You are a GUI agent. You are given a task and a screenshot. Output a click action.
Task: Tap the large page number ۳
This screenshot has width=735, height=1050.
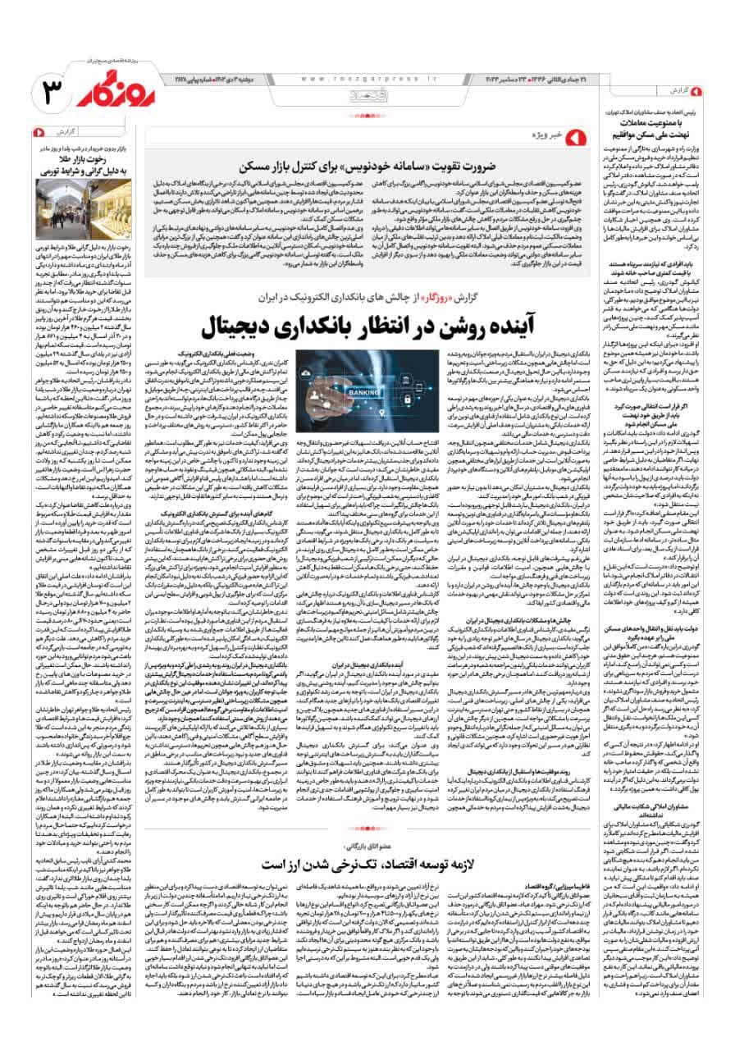coord(37,91)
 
